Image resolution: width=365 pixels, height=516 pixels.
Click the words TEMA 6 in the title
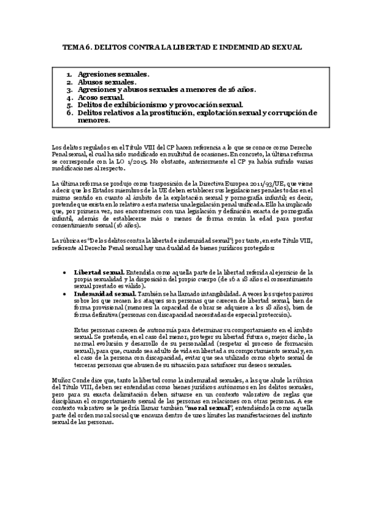77,46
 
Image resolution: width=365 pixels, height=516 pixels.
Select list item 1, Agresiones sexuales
108,74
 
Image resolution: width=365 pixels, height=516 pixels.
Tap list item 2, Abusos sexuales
103,82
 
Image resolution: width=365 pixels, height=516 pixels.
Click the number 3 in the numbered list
70,89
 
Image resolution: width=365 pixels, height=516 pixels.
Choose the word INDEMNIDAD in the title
236,46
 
